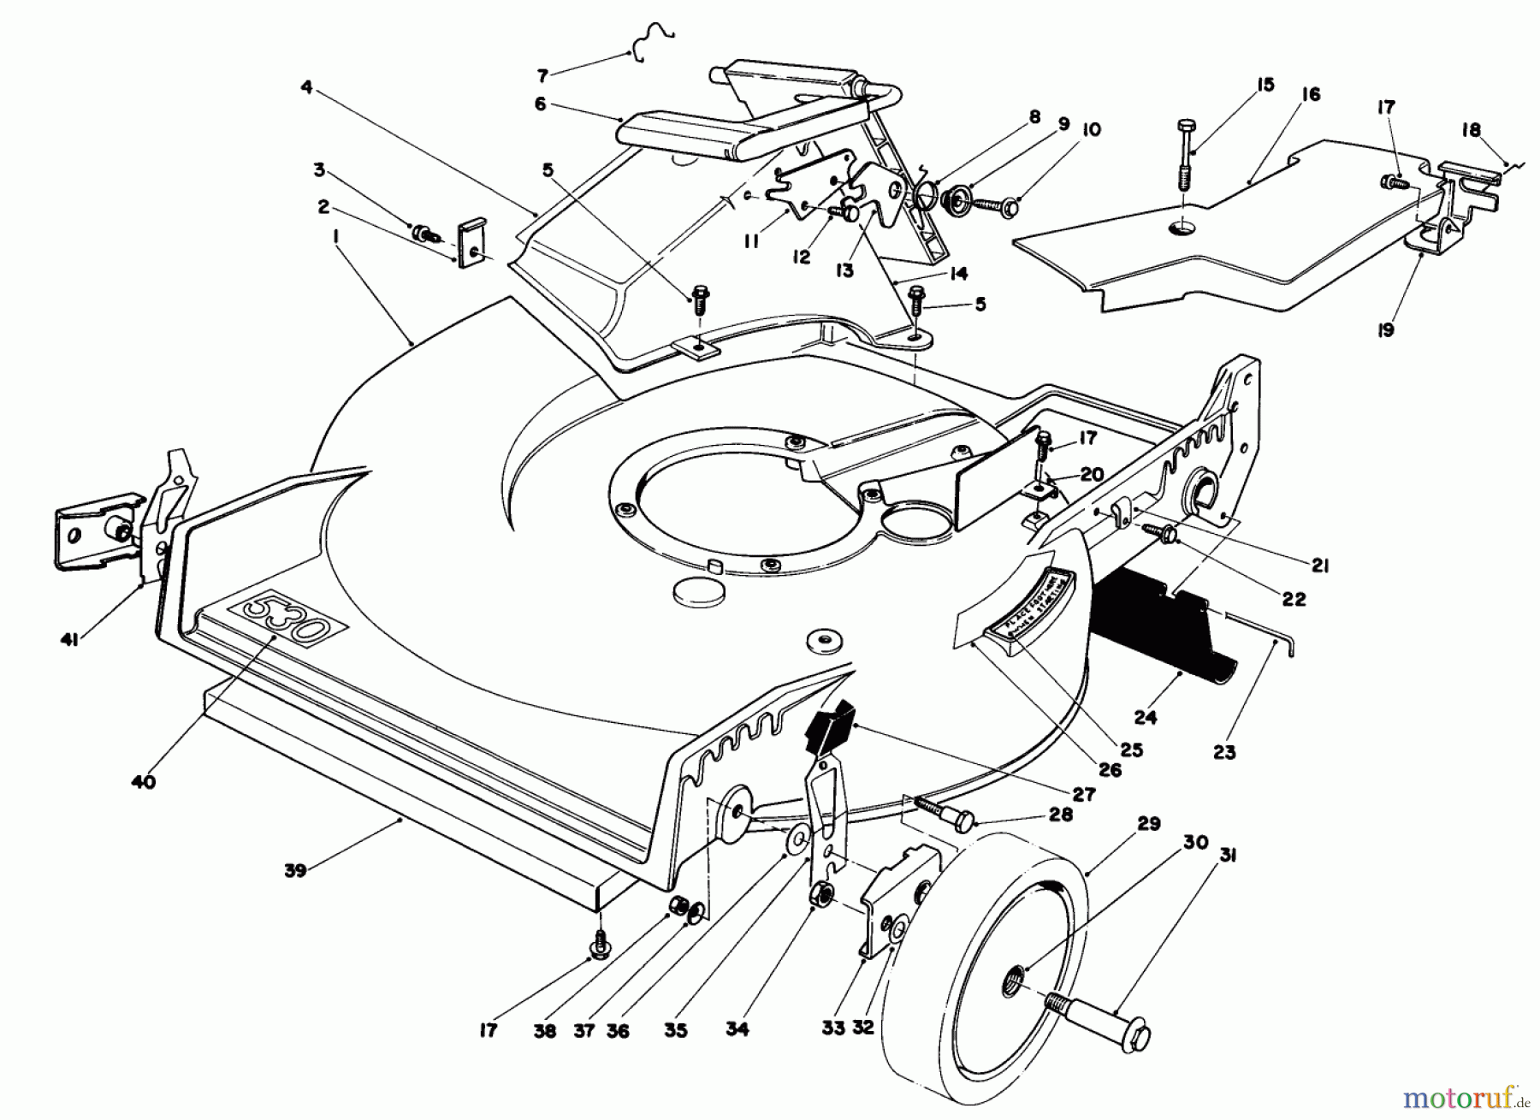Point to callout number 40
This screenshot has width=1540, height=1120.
tap(144, 781)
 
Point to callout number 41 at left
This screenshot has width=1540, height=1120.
tap(70, 638)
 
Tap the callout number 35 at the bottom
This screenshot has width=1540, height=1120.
tap(675, 1031)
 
